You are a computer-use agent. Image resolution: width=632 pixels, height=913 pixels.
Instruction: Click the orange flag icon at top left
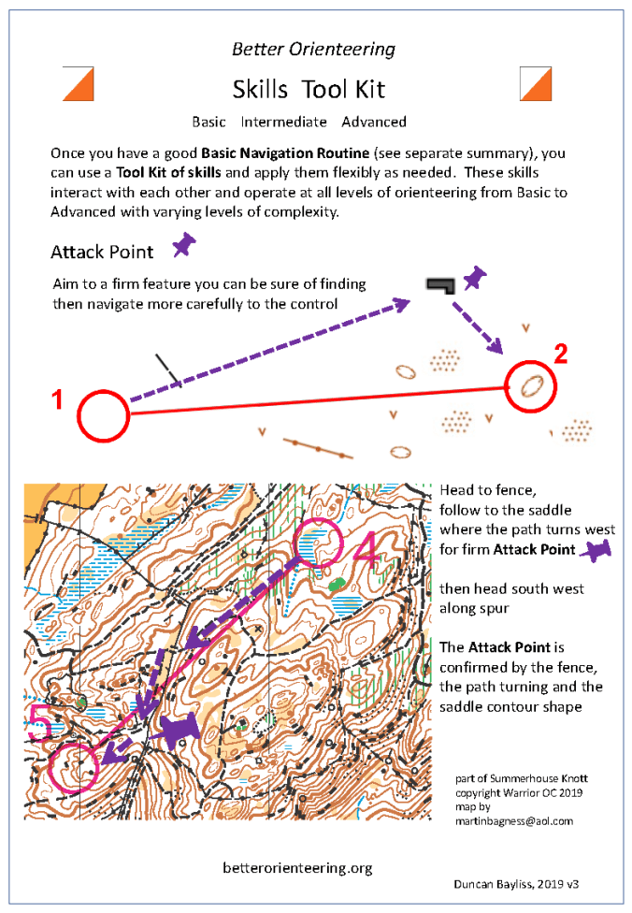coord(79,84)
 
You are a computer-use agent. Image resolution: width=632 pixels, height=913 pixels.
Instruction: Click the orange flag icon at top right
coord(537,84)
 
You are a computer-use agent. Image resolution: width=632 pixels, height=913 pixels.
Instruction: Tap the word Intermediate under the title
coord(283,122)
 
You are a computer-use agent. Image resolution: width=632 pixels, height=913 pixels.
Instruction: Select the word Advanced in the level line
coord(374,122)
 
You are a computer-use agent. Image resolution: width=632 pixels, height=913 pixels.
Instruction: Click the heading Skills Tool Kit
coord(309,89)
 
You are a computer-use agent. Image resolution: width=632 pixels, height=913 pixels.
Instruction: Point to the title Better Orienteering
coord(313,50)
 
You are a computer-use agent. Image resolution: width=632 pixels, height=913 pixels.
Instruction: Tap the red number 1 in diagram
coord(58,401)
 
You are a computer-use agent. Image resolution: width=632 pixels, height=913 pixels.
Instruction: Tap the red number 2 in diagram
coord(560,354)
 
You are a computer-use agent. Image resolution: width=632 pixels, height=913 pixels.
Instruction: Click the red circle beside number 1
coord(102,415)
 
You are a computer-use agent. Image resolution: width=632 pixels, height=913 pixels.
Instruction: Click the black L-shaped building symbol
coord(439,284)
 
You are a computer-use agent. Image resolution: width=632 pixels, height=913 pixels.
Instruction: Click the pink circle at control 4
coord(321,544)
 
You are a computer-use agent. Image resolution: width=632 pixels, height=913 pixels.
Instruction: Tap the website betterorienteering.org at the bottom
coord(297,868)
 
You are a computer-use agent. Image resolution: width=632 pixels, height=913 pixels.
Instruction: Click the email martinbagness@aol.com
coord(513,820)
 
